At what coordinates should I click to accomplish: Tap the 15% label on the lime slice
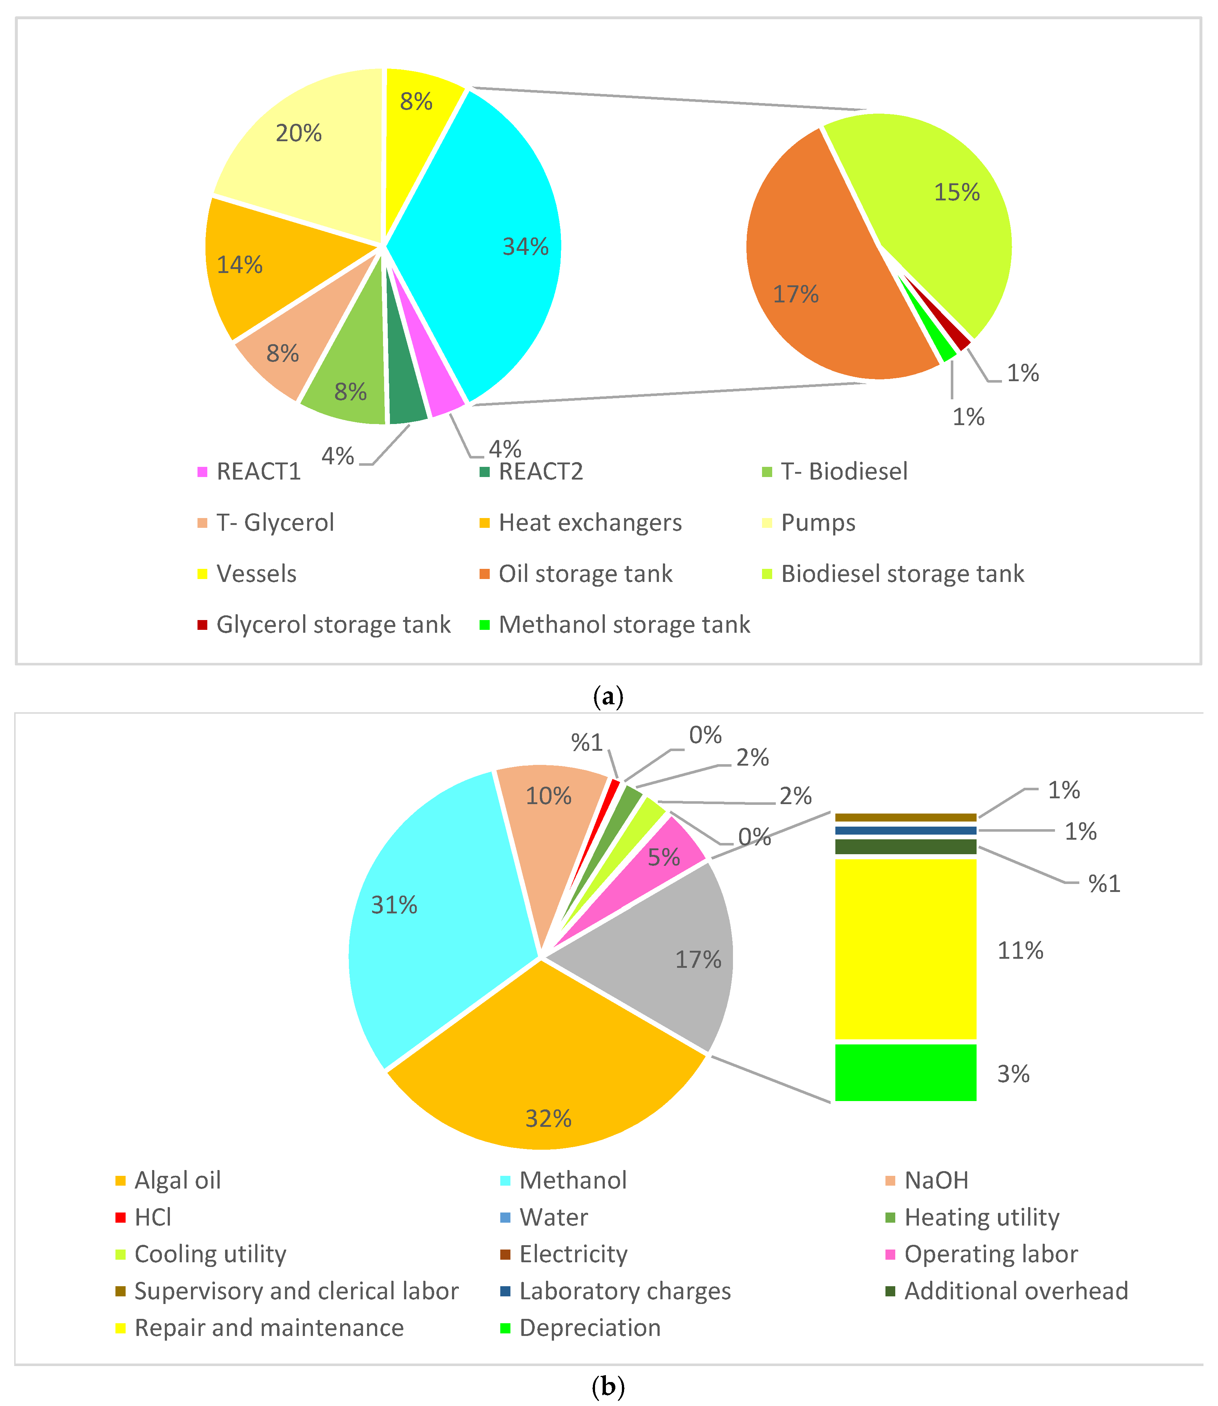pos(956,192)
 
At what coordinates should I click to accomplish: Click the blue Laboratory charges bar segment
pos(905,830)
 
